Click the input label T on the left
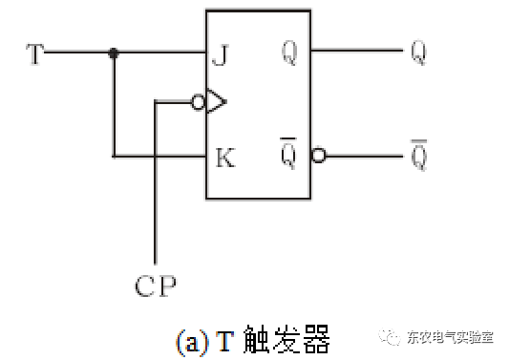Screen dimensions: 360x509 click(35, 53)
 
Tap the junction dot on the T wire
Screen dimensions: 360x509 click(114, 53)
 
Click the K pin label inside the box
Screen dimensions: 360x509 click(224, 156)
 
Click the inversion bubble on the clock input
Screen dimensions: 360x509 click(198, 103)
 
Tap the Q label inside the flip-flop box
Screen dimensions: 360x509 click(290, 53)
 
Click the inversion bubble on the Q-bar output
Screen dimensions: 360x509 click(318, 156)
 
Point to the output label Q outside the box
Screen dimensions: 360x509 click(417, 53)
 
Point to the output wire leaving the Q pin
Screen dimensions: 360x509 click(358, 53)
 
